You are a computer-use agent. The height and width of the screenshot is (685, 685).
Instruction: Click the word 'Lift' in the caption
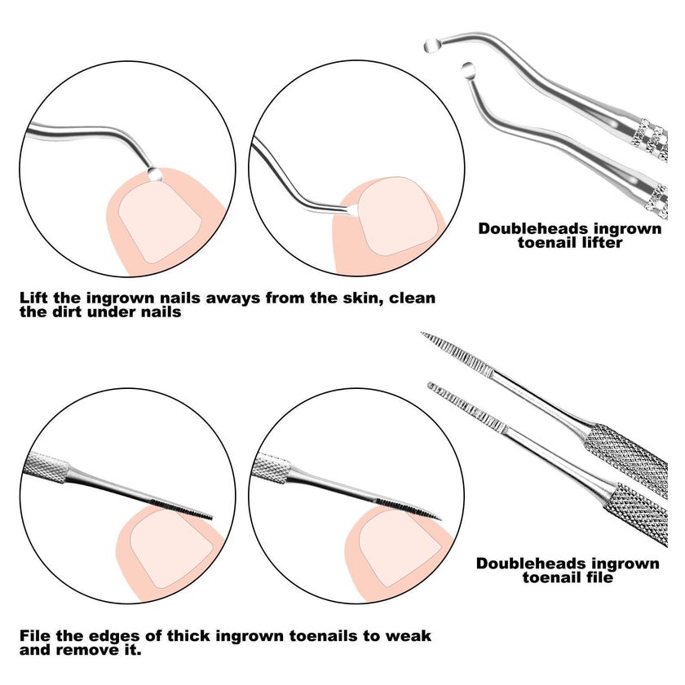coord(34,298)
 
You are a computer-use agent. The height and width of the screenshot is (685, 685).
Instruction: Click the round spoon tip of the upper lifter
coord(431,46)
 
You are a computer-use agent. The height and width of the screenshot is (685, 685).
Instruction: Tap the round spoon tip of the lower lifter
coord(468,69)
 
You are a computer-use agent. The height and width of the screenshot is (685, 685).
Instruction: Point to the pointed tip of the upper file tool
coord(422,334)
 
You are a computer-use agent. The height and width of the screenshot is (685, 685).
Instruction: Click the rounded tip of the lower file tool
coord(430,385)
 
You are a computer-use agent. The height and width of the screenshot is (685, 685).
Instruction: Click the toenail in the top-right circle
coord(399,216)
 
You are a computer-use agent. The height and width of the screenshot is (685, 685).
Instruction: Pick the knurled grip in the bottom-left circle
coord(46,467)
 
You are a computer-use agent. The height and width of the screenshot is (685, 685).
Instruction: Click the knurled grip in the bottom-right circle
coord(272,468)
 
